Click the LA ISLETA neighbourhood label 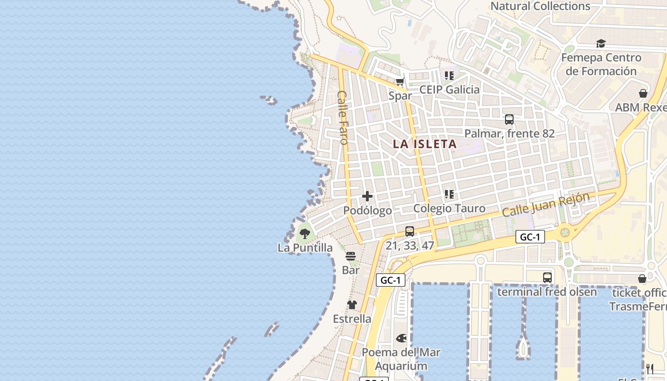pyautogui.click(x=424, y=144)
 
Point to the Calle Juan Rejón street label pyautogui.click(x=546, y=205)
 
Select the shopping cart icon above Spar pyautogui.click(x=400, y=81)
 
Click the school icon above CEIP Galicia pyautogui.click(x=449, y=75)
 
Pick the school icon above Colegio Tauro pyautogui.click(x=449, y=194)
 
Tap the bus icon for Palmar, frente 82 pyautogui.click(x=509, y=120)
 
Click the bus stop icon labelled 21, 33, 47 pyautogui.click(x=409, y=231)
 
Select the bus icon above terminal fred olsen pyautogui.click(x=547, y=277)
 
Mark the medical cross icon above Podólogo pyautogui.click(x=367, y=196)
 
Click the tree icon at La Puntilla pyautogui.click(x=304, y=234)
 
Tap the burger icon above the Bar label pyautogui.click(x=351, y=256)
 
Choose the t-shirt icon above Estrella pyautogui.click(x=352, y=305)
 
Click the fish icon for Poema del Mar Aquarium pyautogui.click(x=401, y=338)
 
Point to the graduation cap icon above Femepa pyautogui.click(x=601, y=44)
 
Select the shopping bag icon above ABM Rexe pyautogui.click(x=643, y=93)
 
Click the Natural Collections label pyautogui.click(x=540, y=6)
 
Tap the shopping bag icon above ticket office pyautogui.click(x=642, y=279)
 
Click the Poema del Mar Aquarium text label pyautogui.click(x=401, y=359)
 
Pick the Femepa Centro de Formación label pyautogui.click(x=601, y=64)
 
